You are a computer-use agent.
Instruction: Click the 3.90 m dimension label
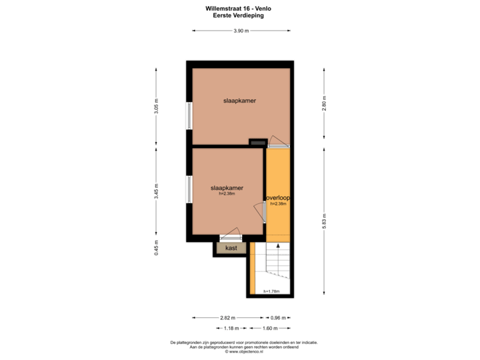241,31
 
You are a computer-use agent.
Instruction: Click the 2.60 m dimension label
324,107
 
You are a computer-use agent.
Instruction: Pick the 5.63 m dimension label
324,220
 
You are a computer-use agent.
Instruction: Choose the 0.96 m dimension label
279,318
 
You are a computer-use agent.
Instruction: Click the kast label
231,248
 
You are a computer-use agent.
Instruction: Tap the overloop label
278,199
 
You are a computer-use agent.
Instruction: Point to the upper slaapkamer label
240,101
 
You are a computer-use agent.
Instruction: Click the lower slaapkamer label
227,189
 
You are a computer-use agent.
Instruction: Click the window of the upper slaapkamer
189,115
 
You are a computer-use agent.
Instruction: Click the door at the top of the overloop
278,143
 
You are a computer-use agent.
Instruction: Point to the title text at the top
238,11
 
